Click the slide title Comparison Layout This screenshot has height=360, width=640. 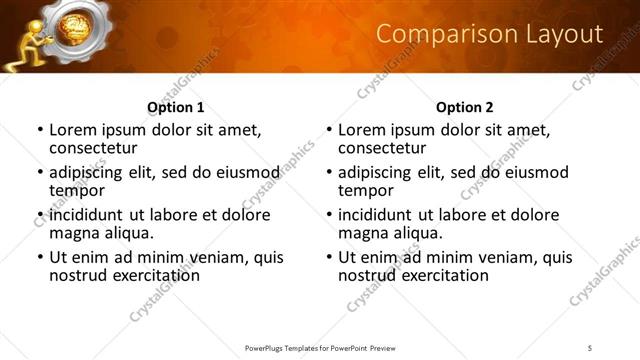pos(489,35)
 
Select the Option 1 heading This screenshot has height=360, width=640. pos(176,107)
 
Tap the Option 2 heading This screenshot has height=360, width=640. pos(465,107)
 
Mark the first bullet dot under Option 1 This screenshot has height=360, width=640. pos(40,131)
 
